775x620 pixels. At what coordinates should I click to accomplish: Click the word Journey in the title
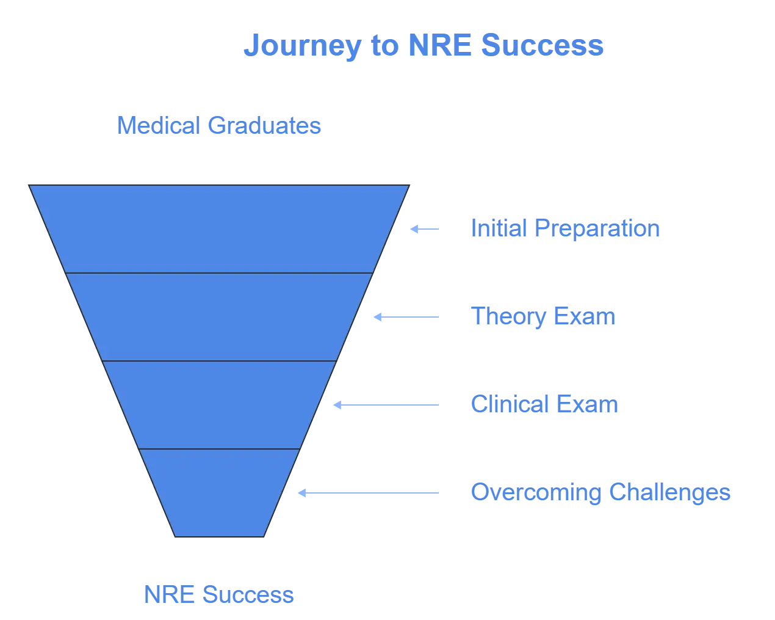coord(300,46)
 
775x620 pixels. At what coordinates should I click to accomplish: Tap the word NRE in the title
coord(438,46)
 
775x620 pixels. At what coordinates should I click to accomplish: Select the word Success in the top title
coord(542,46)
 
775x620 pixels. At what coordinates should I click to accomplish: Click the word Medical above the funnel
coord(157,126)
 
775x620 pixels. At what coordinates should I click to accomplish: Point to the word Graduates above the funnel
coord(264,126)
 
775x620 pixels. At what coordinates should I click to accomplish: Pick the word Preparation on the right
coord(596,228)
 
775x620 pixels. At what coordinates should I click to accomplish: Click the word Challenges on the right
coord(670,492)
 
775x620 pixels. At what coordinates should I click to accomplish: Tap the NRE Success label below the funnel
coord(218,594)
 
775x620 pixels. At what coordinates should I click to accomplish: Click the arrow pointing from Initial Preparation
coord(424,228)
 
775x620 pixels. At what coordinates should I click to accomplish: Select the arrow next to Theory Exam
coord(406,316)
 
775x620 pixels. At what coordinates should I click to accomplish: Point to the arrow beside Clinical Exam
coord(386,404)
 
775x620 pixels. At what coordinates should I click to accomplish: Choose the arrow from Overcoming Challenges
coord(369,492)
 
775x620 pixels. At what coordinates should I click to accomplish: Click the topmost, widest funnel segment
coord(219,228)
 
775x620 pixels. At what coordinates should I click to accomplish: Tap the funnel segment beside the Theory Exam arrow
coord(219,316)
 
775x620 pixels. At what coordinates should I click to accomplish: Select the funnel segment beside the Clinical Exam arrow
coord(219,404)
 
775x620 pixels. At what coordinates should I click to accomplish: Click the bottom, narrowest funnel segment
coord(219,492)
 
